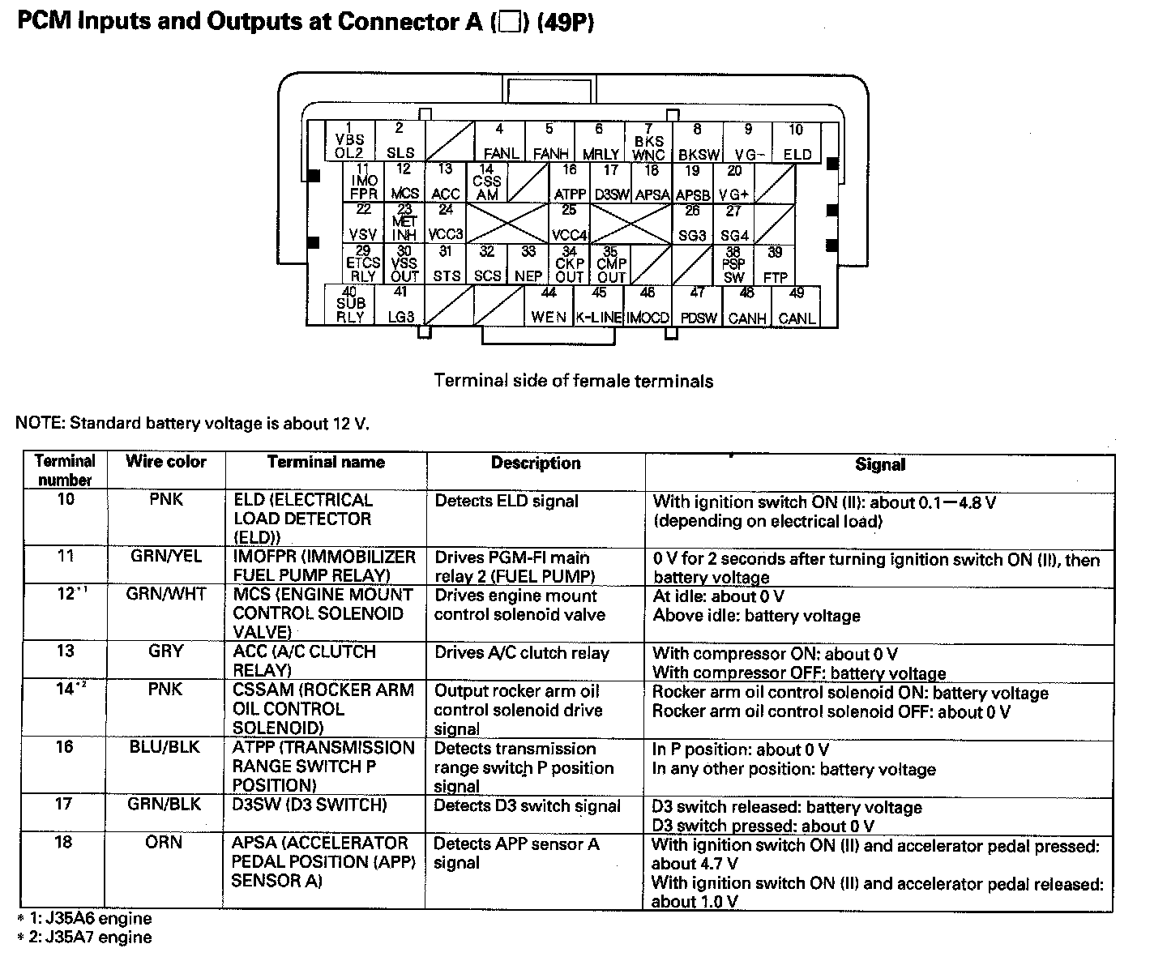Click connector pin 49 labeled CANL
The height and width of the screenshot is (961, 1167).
point(797,306)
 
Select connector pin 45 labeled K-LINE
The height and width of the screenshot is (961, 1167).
point(599,305)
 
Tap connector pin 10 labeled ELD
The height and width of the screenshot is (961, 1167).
point(797,142)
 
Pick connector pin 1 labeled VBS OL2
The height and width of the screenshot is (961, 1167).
point(350,142)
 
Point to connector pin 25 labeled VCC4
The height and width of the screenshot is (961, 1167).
point(570,223)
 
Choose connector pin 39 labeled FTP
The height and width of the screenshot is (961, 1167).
point(776,265)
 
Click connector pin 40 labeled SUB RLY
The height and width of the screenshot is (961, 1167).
point(350,305)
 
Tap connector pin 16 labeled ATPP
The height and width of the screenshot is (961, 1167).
point(570,182)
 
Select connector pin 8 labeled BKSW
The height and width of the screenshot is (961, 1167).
point(698,142)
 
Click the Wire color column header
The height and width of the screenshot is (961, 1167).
point(165,462)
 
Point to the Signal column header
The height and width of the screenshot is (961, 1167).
point(879,464)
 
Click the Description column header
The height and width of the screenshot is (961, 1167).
point(536,463)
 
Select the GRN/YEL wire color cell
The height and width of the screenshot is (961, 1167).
point(165,557)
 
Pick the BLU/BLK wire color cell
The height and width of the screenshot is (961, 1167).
point(165,747)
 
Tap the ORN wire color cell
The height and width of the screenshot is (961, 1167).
point(165,843)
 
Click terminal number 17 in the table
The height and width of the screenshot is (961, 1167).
point(64,805)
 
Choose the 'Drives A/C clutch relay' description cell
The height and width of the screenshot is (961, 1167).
point(522,653)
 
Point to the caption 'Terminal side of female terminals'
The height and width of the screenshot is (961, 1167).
point(574,381)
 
